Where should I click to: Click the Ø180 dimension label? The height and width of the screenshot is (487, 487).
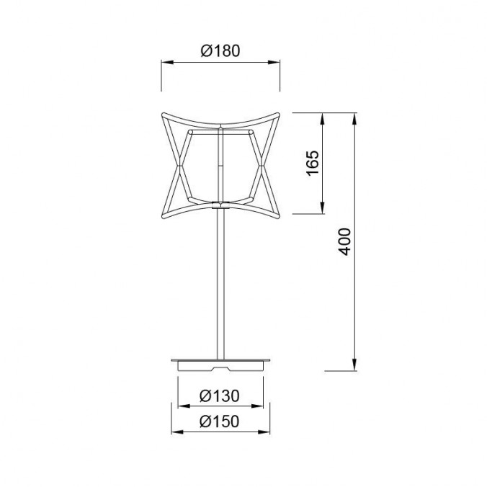(220, 51)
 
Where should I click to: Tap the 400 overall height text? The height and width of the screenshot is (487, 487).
(345, 241)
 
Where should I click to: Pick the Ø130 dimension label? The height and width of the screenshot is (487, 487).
(220, 396)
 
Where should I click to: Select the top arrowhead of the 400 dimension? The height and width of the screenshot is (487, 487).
(354, 115)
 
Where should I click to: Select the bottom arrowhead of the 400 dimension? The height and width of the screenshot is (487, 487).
(354, 367)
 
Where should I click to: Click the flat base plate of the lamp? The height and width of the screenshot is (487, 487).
(220, 359)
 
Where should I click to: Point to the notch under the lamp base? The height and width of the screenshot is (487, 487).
(220, 367)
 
